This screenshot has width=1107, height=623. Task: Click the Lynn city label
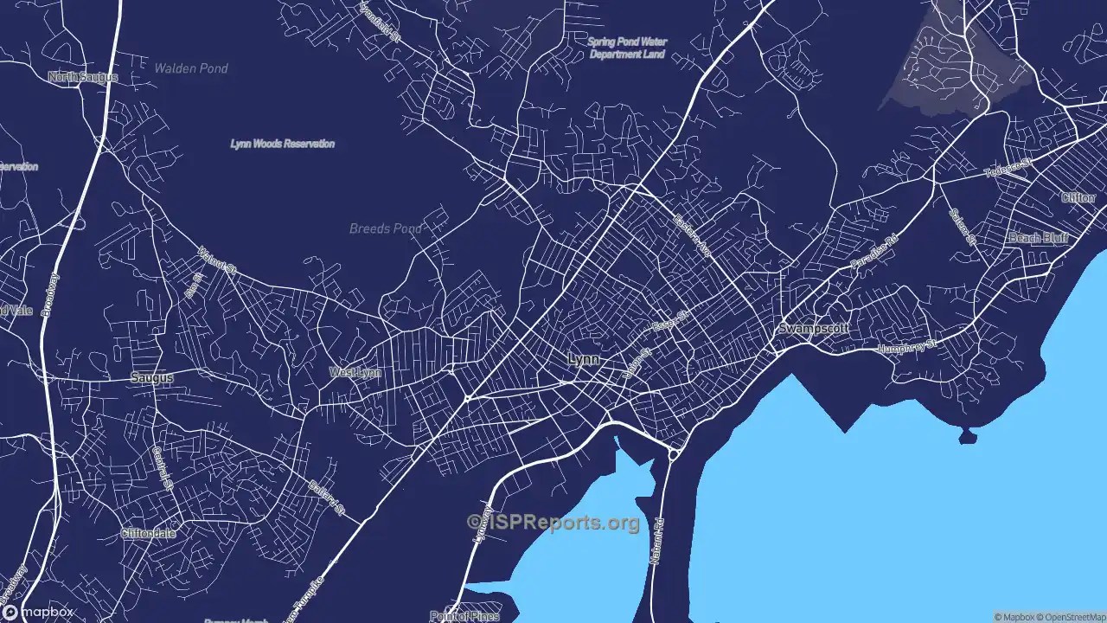tap(583, 359)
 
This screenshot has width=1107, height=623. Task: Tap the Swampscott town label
tap(813, 329)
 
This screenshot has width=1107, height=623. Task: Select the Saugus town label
tap(151, 378)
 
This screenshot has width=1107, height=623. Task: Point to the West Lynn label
tap(355, 373)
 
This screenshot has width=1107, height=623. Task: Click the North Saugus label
tap(83, 77)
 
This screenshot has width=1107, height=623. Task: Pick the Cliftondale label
tap(148, 534)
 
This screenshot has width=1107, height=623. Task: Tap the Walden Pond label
tap(191, 68)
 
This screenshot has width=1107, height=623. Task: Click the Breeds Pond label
tap(385, 229)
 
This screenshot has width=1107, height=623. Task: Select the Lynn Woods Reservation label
tap(282, 144)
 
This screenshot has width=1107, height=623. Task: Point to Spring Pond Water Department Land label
tap(627, 48)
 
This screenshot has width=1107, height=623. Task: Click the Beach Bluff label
tap(1038, 237)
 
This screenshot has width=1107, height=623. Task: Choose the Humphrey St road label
tap(907, 346)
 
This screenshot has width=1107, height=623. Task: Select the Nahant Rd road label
tap(657, 541)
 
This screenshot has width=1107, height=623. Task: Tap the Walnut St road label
tap(217, 260)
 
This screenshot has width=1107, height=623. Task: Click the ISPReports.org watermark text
tap(553, 522)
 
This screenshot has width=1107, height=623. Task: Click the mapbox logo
tap(39, 612)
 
